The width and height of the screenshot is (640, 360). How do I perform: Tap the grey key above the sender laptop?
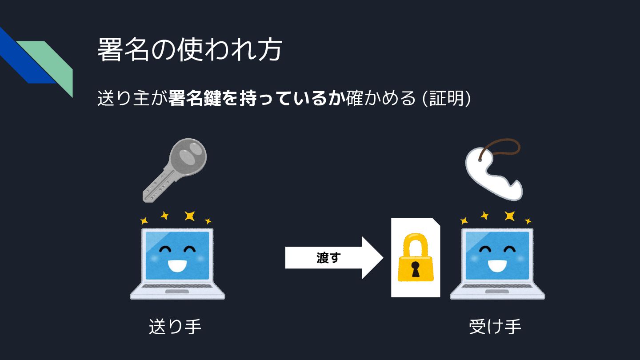175,169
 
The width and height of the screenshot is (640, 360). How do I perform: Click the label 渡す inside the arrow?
328,258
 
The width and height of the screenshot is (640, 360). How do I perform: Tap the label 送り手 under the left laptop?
175,327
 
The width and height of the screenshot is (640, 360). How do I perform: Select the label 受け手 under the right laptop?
495,327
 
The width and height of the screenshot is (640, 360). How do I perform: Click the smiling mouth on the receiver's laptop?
497,265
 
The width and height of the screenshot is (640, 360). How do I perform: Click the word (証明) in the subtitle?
446,98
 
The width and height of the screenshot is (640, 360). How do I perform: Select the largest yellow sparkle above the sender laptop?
190,216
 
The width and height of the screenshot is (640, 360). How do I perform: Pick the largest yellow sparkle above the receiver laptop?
510,216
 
